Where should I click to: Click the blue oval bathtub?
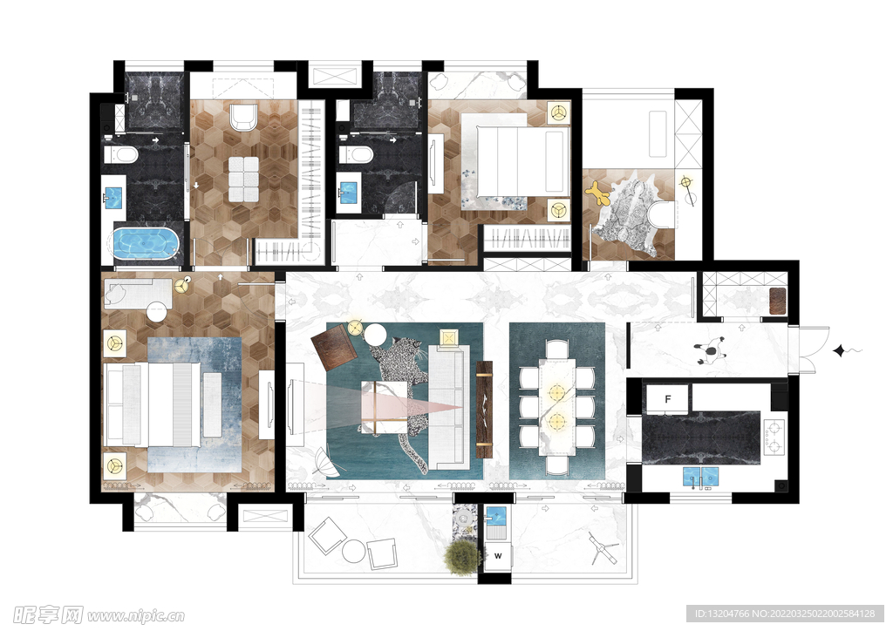tap(147, 243)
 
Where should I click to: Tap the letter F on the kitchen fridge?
tap(667, 399)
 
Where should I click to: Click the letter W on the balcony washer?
tap(498, 555)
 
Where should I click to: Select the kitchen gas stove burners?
tap(774, 437)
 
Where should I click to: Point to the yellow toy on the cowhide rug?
tap(598, 194)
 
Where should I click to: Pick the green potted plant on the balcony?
tap(462, 557)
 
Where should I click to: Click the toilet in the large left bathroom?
tap(120, 154)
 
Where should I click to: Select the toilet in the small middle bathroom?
tap(356, 154)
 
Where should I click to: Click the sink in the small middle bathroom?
tap(347, 192)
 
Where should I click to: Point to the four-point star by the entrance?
tap(839, 350)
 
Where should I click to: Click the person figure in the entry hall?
tap(710, 349)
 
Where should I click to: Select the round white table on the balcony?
tap(354, 550)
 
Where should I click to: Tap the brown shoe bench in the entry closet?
tap(777, 301)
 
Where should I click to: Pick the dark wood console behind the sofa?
tap(484, 409)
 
